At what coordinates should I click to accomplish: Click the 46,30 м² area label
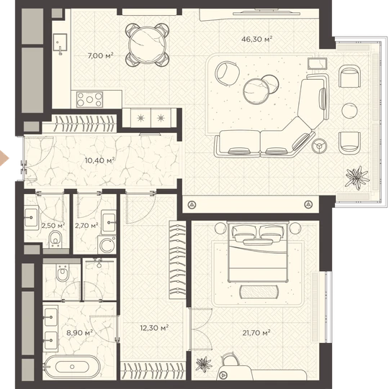[256, 39]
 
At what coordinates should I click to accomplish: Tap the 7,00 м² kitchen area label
[100, 55]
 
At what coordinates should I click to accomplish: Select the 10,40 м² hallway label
[99, 160]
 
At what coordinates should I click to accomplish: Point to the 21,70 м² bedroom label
[256, 332]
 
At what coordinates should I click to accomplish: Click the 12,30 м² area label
[154, 328]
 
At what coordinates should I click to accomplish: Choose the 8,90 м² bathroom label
[79, 332]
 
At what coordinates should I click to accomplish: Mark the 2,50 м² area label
[53, 226]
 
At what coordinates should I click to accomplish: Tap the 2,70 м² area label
[86, 226]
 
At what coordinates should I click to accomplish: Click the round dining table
[148, 45]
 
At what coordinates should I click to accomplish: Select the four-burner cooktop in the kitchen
[90, 99]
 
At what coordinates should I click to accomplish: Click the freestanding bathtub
[72, 367]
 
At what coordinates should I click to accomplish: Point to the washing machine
[107, 245]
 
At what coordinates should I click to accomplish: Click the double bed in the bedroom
[258, 252]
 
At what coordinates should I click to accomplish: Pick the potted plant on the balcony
[357, 177]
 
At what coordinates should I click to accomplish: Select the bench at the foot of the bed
[259, 292]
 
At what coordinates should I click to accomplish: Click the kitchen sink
[60, 42]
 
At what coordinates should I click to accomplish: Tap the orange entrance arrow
[4, 158]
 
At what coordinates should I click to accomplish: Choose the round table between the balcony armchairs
[349, 111]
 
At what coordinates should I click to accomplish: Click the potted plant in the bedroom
[204, 365]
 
